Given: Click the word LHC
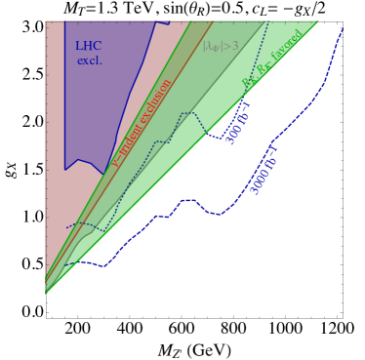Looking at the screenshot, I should click(89, 46).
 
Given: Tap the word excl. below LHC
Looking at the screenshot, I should click(89, 60).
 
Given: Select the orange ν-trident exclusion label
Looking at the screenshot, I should click(142, 122).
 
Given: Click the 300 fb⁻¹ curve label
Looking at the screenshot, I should click(238, 122).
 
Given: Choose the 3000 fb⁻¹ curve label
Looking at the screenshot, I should click(264, 170).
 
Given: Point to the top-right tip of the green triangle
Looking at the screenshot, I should click(319, 20).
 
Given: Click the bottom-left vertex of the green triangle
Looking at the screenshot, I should click(46, 293).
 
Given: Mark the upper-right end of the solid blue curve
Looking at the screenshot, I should click(343, 29).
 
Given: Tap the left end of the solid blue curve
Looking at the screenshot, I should click(65, 264).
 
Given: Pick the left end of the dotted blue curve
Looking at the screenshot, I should click(65, 227).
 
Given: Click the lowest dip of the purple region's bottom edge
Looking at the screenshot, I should click(101, 174).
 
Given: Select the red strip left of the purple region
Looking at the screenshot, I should click(55, 146).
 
